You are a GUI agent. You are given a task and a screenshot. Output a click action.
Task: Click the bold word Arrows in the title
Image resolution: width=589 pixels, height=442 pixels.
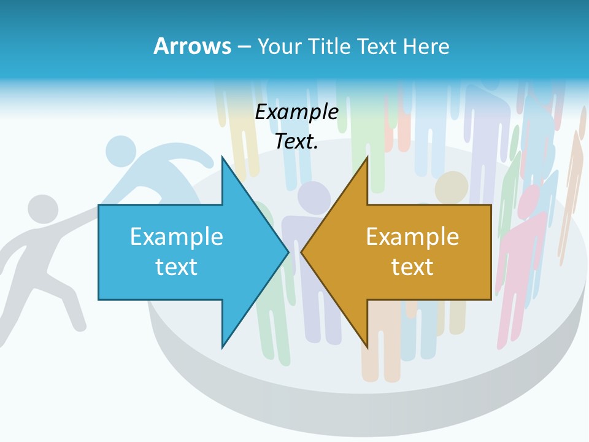tap(192, 46)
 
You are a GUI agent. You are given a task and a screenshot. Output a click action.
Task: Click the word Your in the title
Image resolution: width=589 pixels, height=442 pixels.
tap(279, 46)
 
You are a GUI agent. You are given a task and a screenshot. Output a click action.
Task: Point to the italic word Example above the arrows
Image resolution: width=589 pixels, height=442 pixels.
tap(296, 112)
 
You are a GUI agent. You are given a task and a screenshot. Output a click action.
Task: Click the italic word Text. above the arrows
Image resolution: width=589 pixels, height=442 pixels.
tap(296, 141)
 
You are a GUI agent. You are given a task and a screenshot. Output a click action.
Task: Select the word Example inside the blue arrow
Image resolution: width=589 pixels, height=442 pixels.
tap(177, 236)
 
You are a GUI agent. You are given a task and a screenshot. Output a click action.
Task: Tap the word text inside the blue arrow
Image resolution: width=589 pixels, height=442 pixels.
tap(177, 267)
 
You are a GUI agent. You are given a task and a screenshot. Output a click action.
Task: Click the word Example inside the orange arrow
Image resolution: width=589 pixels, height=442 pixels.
tap(412, 236)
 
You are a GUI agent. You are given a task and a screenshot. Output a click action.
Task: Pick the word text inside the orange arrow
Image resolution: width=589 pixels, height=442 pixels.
tap(412, 267)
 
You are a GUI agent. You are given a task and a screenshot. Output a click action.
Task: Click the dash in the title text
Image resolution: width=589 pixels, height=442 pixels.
tap(243, 47)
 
